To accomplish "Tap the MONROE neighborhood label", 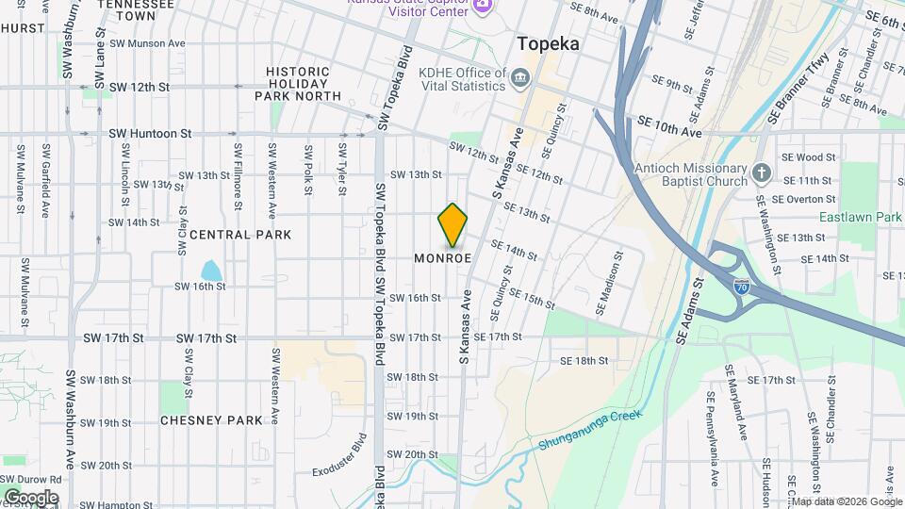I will [442, 258].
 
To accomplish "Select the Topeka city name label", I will [548, 43].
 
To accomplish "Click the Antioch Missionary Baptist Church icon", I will [762, 172].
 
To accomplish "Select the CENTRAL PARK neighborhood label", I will [240, 234].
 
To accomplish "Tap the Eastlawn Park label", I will [860, 217].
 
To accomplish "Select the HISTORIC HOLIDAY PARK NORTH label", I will [298, 84].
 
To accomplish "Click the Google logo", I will [31, 497].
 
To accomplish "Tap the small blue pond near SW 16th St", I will [211, 271].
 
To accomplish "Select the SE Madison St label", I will [609, 283].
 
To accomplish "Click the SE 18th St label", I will [584, 360].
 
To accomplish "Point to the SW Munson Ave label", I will [147, 43].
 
